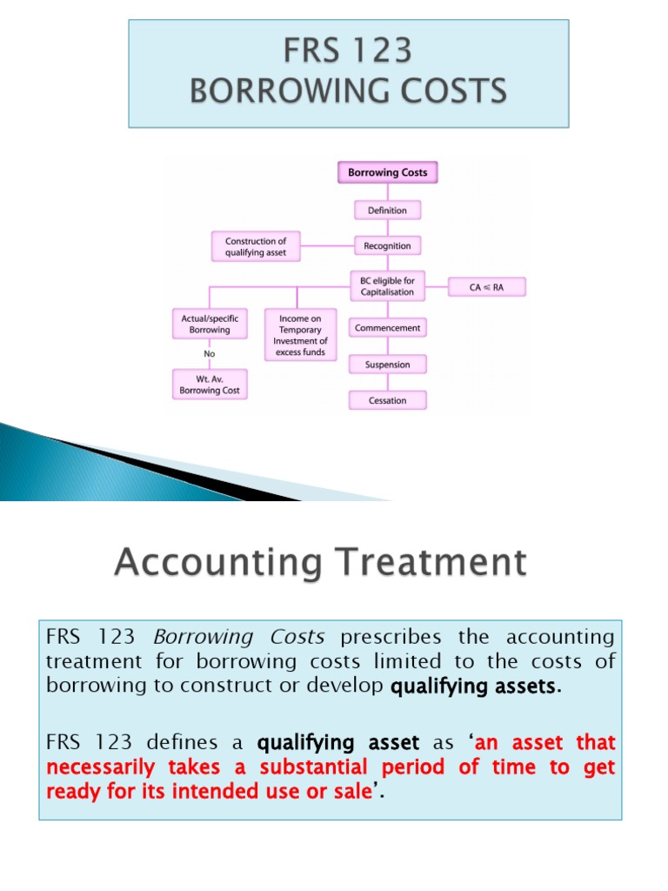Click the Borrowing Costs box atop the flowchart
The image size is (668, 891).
tap(387, 172)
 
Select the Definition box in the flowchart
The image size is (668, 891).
tap(387, 210)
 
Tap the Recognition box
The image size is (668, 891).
tap(387, 246)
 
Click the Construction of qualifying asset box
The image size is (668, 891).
tap(255, 246)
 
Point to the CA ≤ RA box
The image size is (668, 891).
tap(487, 286)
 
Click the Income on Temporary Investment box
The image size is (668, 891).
tap(300, 336)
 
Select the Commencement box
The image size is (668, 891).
tap(387, 328)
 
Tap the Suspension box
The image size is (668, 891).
tap(387, 365)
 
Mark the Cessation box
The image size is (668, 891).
tap(387, 400)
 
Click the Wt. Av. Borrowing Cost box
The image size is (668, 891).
tap(209, 385)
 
